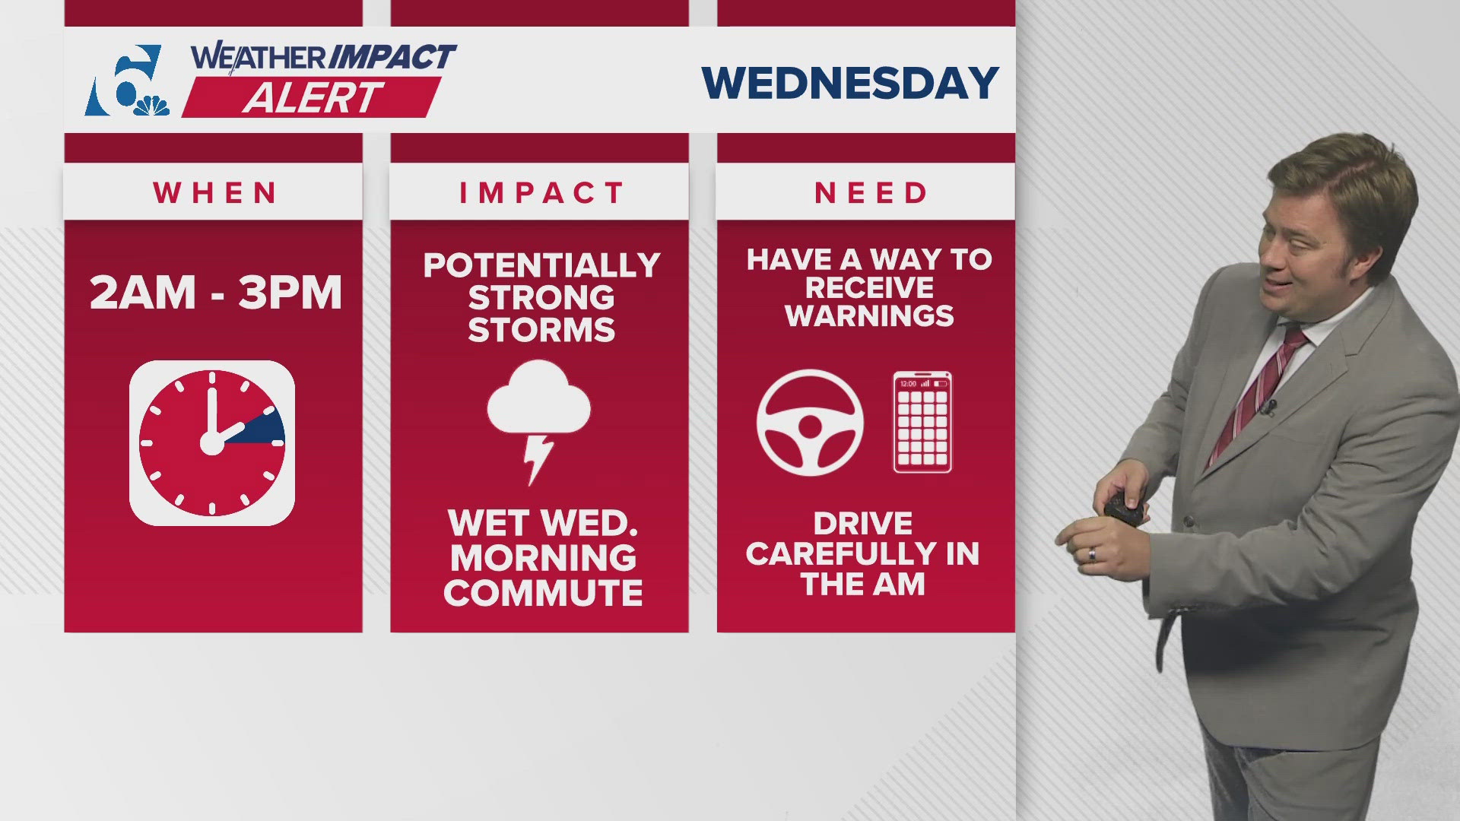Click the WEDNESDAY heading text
849,83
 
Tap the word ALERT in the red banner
313,97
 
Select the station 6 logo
125,81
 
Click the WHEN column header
215,193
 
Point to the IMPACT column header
541,193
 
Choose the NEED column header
871,193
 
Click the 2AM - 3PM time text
215,293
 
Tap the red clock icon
212,443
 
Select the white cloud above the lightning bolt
538,400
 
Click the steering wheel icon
810,423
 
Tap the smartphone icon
922,422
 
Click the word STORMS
541,331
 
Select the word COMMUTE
543,593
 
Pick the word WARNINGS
869,315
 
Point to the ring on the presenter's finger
1092,553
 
